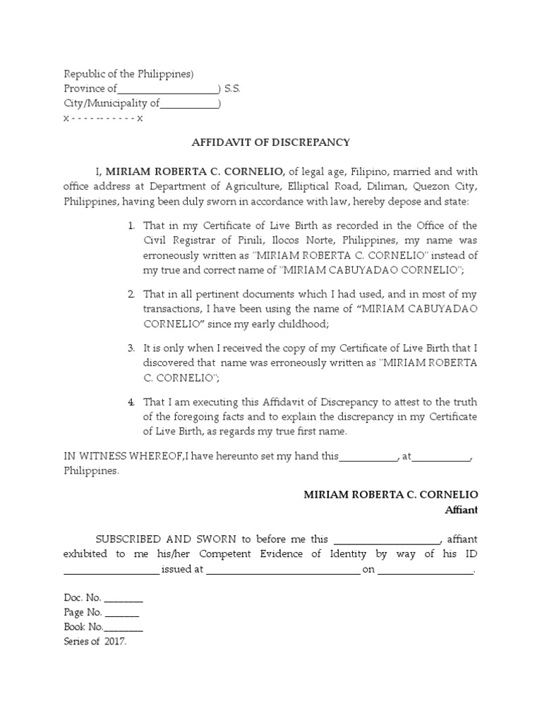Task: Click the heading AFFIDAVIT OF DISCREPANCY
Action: coord(271,142)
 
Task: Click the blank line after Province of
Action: coord(168,90)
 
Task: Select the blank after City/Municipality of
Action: coord(189,104)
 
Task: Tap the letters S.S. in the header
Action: coord(233,89)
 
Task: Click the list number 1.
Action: coord(131,226)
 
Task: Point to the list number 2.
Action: coord(131,293)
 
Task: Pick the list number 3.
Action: coord(131,348)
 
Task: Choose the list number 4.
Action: coord(131,402)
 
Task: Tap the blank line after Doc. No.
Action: coord(124,599)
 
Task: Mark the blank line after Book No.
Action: coord(124,627)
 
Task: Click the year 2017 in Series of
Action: coord(115,642)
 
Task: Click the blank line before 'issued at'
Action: coord(112,569)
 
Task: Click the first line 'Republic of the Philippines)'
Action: coord(128,74)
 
